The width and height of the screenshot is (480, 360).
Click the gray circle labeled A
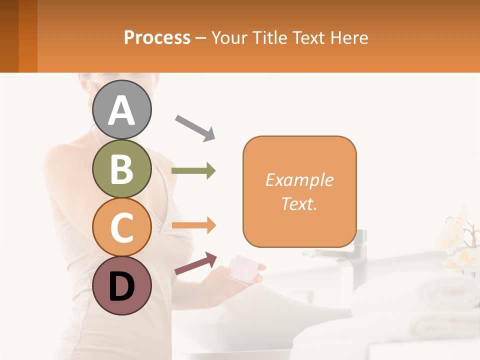[x=121, y=109]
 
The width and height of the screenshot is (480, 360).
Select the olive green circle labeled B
[x=121, y=168]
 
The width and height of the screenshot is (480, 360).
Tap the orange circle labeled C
[x=121, y=227]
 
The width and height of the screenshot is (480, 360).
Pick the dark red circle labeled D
[x=121, y=285]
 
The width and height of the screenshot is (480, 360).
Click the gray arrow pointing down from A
[x=195, y=127]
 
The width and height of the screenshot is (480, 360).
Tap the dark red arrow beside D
[x=195, y=263]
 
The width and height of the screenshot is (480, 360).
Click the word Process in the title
[x=157, y=37]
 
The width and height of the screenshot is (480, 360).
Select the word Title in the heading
[x=269, y=37]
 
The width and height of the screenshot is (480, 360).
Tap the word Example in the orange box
[x=299, y=180]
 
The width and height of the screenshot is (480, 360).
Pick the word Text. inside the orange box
[x=299, y=203]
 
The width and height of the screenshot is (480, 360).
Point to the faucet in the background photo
[x=358, y=250]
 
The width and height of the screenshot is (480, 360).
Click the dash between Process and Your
[x=200, y=37]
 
